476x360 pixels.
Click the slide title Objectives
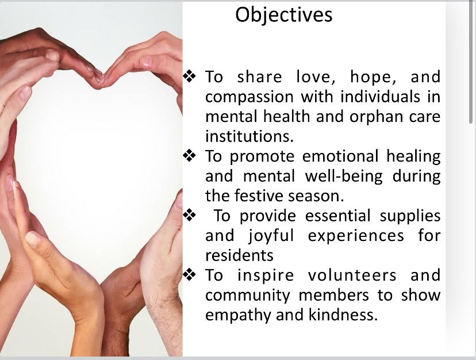pyautogui.click(x=284, y=15)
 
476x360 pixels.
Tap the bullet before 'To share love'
pyautogui.click(x=190, y=76)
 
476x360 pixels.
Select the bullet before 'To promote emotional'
pyautogui.click(x=190, y=156)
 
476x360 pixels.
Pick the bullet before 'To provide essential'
pyautogui.click(x=190, y=216)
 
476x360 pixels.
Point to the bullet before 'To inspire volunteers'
pyautogui.click(x=190, y=275)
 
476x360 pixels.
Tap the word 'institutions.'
pyautogui.click(x=249, y=136)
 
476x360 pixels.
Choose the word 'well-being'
pyautogui.click(x=344, y=177)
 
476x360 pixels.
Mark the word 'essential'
pyautogui.click(x=337, y=216)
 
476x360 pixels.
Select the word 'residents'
pyautogui.click(x=239, y=255)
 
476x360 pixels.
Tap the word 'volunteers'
pyautogui.click(x=352, y=275)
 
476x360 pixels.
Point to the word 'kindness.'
pyautogui.click(x=343, y=315)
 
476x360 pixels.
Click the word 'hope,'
pyautogui.click(x=373, y=77)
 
